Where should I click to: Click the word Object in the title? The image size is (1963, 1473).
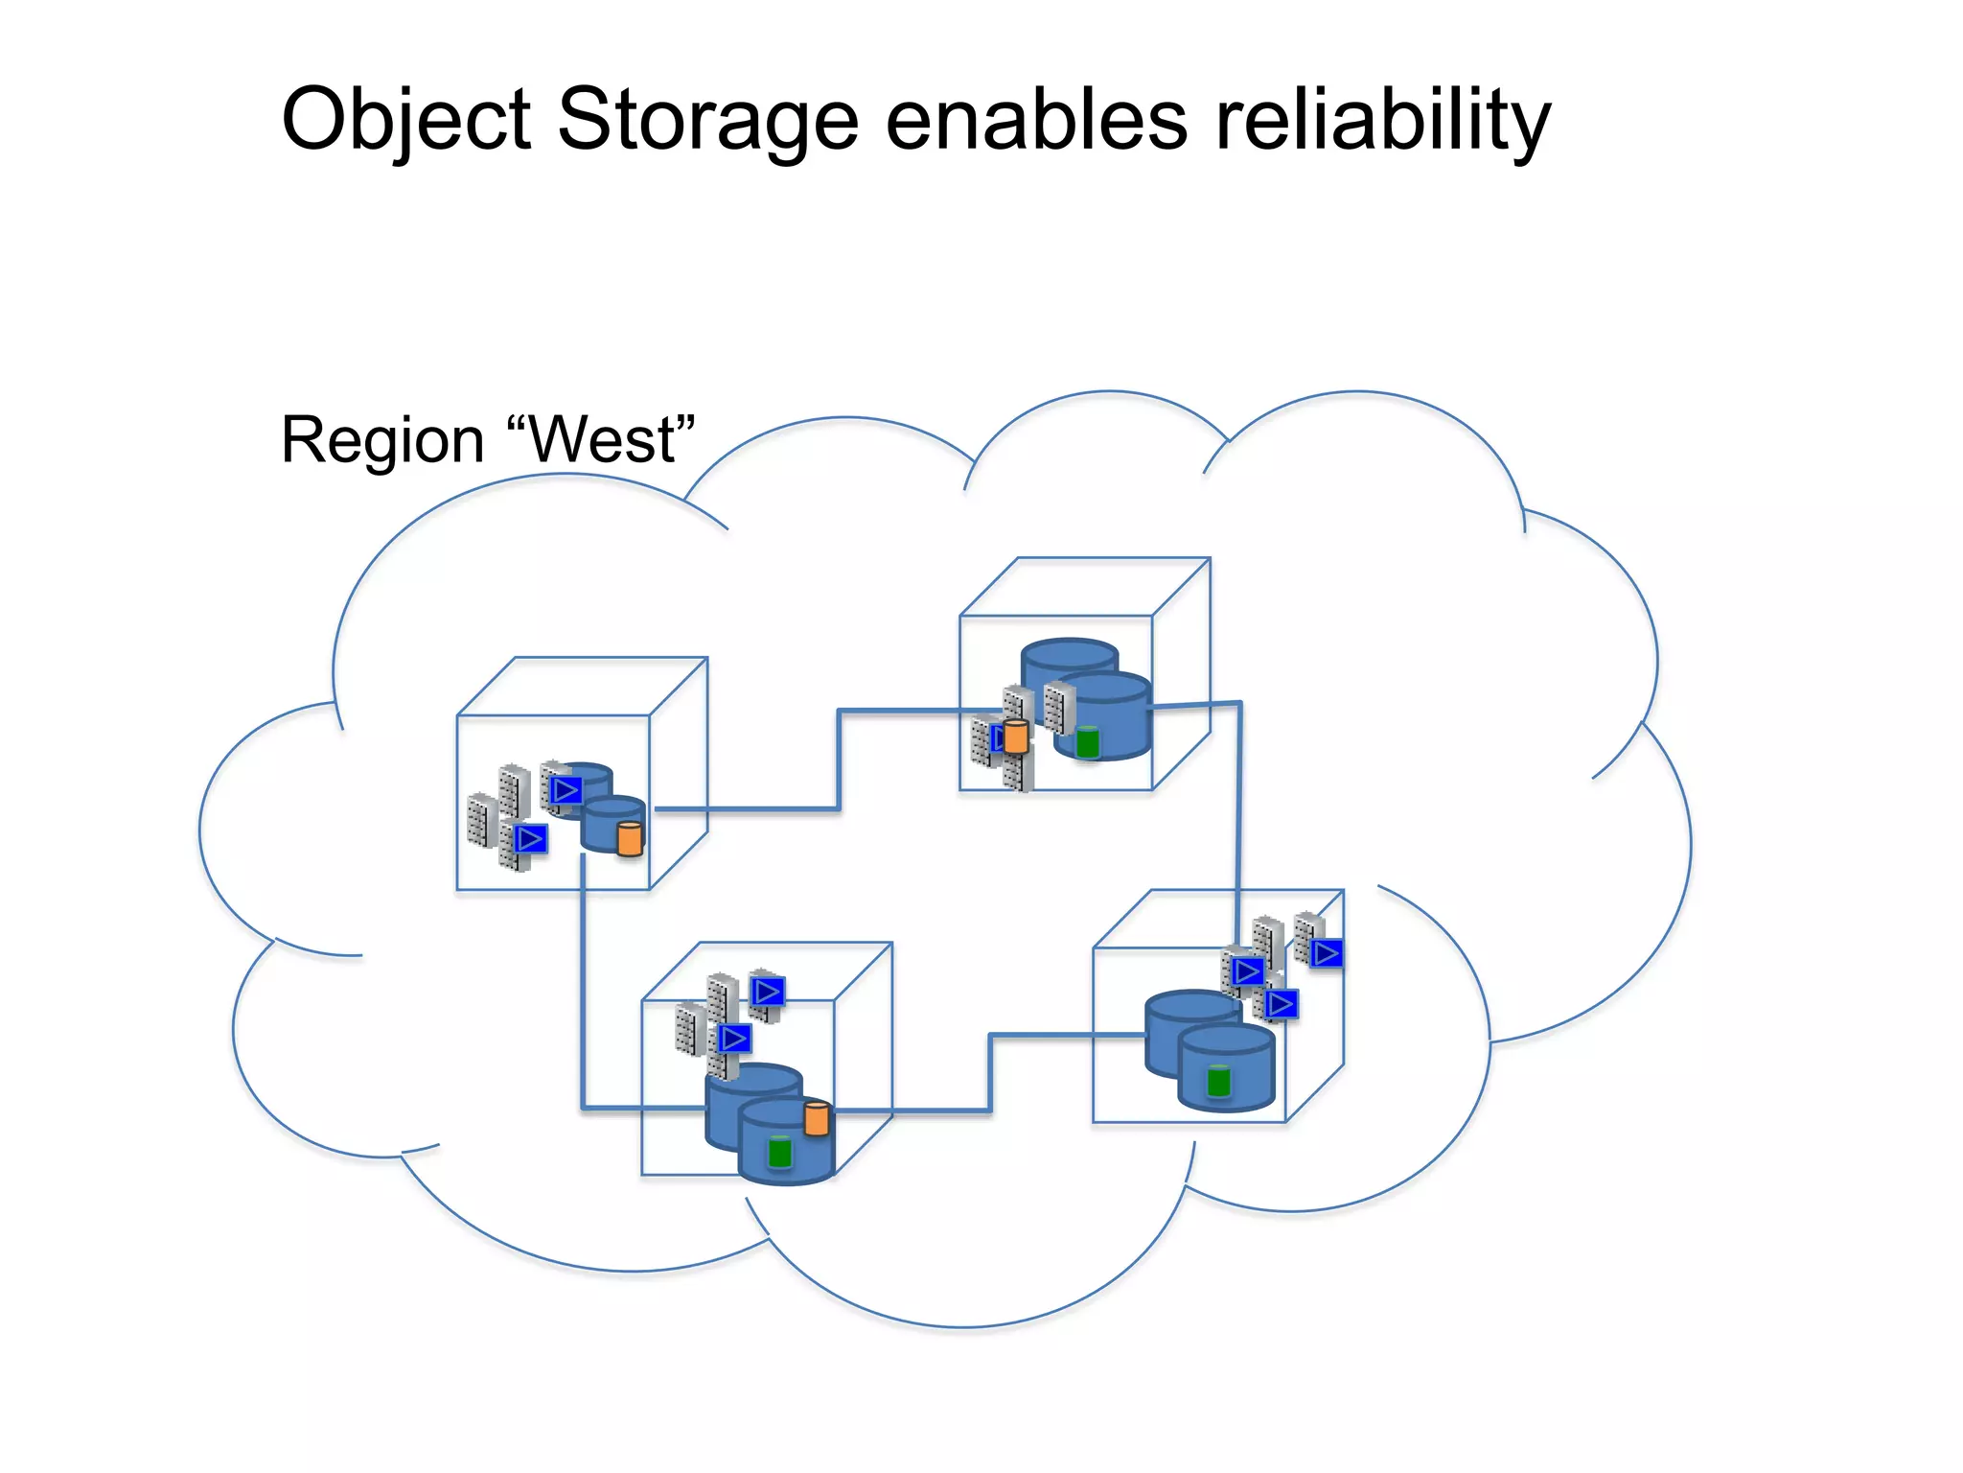405,121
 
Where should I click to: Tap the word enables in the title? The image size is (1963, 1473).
1036,121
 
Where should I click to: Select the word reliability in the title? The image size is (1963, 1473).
1382,121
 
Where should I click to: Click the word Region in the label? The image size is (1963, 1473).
382,440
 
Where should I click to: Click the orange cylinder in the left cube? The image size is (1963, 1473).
630,838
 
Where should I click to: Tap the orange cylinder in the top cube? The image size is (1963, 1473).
1015,736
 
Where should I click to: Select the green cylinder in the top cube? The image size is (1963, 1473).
1087,742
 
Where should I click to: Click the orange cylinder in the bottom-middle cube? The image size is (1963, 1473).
816,1119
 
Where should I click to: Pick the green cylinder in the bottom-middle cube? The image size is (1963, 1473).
780,1151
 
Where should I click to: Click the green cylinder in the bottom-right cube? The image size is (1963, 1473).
1218,1081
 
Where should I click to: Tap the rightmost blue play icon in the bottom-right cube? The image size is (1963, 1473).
1327,953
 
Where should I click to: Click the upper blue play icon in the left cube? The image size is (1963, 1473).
566,790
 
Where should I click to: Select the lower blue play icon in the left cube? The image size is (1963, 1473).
530,839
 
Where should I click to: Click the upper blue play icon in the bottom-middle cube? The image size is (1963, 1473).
768,991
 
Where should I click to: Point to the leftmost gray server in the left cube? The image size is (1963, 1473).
481,821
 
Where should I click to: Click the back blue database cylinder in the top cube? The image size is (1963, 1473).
1069,657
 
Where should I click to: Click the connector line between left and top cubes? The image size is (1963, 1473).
839,758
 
